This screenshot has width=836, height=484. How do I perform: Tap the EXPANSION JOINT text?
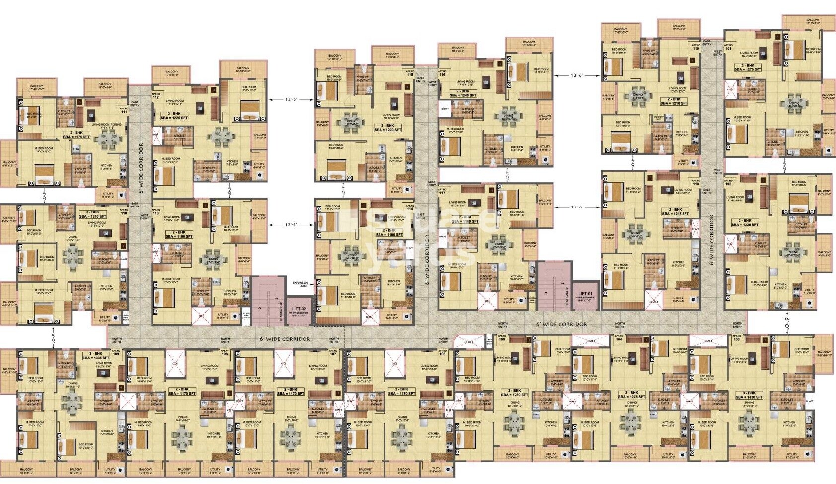tap(300, 284)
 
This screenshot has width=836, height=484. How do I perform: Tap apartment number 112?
tap(156, 96)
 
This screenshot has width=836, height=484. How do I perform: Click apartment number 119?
tap(696, 47)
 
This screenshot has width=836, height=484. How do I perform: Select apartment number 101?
tap(729, 47)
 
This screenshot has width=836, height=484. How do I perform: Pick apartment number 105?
tap(502, 339)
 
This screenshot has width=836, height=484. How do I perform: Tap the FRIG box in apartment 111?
tap(76, 148)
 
